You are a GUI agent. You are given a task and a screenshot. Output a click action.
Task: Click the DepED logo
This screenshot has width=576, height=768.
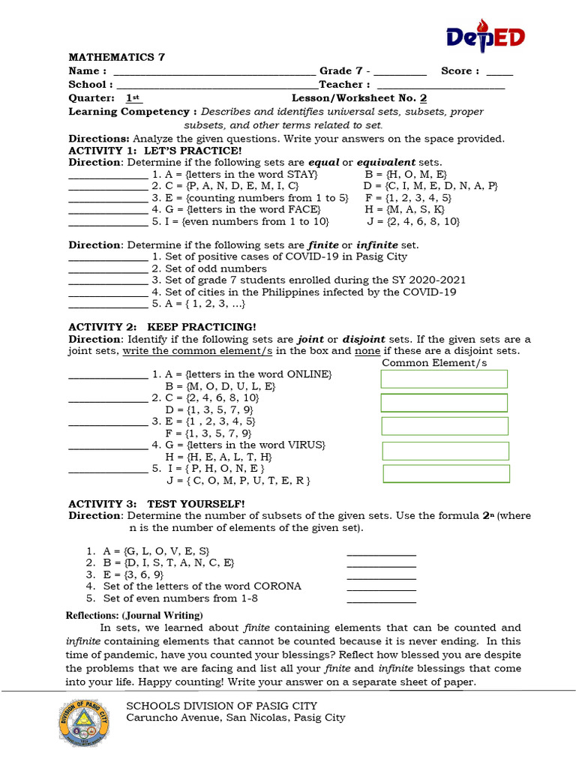point(484,37)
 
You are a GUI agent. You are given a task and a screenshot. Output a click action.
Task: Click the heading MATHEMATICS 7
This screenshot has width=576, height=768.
point(116,57)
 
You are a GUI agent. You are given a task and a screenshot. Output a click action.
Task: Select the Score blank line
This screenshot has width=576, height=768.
point(499,72)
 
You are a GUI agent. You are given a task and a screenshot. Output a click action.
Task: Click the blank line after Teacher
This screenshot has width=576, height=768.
point(439,85)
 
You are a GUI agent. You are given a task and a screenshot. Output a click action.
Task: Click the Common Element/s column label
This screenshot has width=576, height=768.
point(434,363)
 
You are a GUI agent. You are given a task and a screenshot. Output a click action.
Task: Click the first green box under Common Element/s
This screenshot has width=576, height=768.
point(444,379)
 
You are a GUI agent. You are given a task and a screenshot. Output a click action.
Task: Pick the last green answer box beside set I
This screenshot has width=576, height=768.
point(446,474)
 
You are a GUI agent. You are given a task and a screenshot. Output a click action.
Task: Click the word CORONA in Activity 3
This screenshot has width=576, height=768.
point(275,586)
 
